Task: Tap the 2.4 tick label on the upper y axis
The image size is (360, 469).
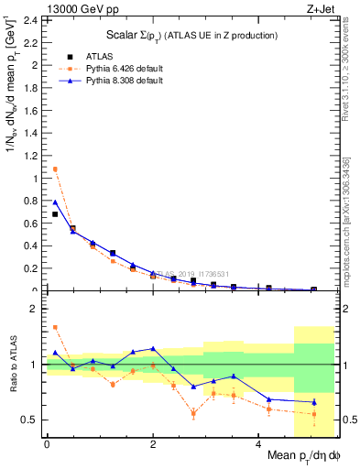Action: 29,20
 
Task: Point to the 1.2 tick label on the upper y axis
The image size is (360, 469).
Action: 29,156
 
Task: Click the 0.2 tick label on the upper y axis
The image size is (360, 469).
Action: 29,269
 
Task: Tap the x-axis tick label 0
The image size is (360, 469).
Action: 47,444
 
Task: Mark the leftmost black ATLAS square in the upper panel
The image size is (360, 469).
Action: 54,214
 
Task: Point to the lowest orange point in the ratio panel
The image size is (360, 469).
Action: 313,414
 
